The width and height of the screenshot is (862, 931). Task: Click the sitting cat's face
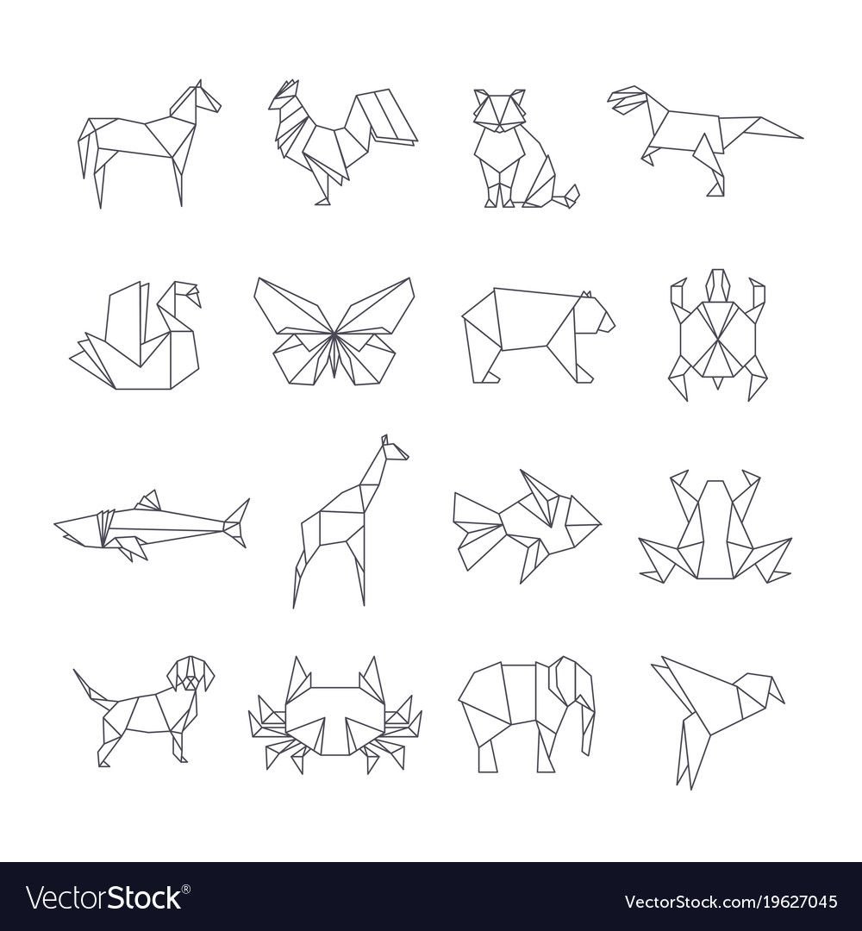point(500,109)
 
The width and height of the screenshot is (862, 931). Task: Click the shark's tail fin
point(236,522)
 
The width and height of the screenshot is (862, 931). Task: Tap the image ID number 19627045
point(783,902)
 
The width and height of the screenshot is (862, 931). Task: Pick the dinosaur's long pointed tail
point(762,127)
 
